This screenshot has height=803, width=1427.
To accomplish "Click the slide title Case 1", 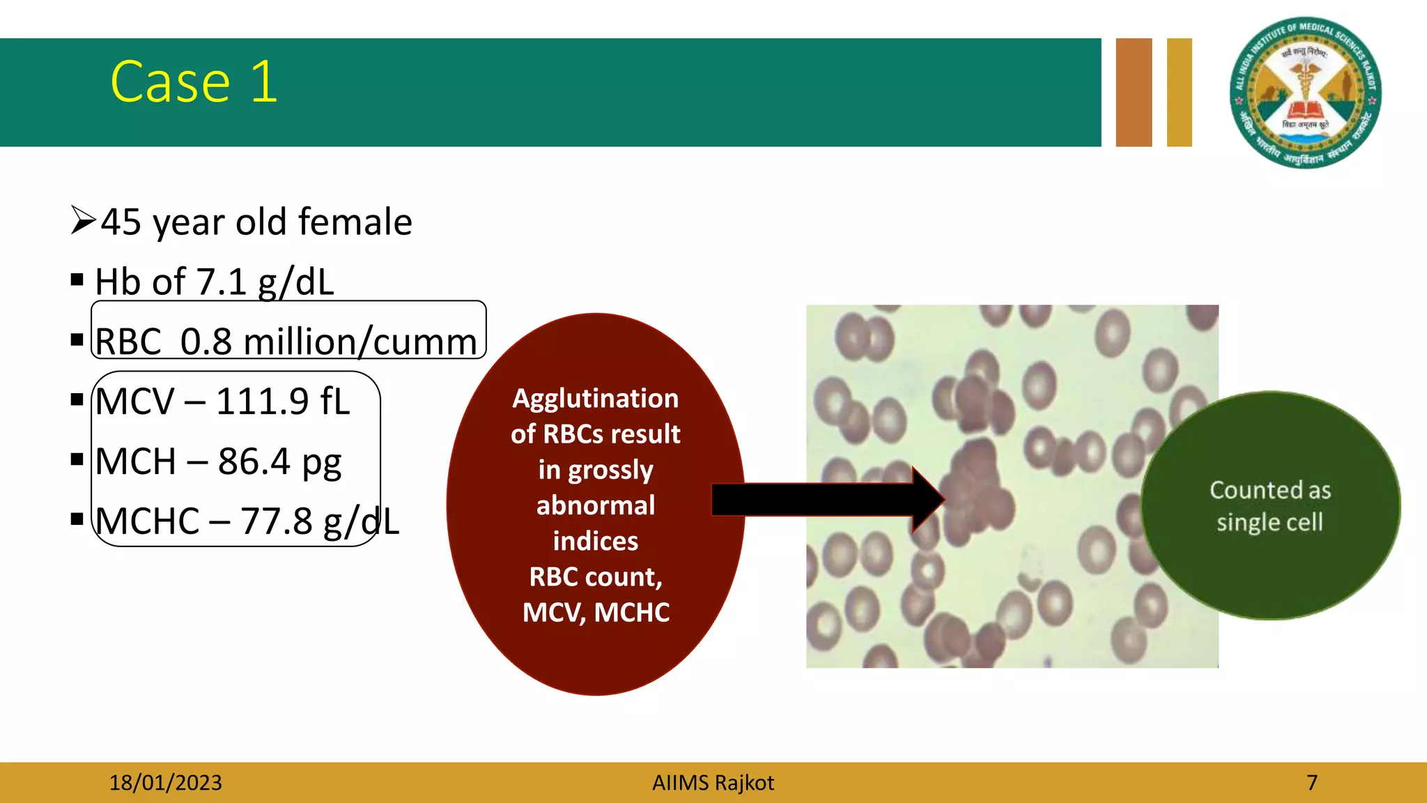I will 194,82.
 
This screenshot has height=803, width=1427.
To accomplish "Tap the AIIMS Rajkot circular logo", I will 1305,93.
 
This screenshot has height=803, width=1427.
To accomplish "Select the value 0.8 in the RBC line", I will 206,342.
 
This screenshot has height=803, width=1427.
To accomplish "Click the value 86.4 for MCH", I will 254,461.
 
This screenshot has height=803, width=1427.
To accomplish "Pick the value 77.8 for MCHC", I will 277,521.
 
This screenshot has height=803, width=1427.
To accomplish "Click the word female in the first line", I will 355,222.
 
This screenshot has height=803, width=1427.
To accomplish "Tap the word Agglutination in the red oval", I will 595,399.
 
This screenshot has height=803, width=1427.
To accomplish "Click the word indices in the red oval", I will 595,542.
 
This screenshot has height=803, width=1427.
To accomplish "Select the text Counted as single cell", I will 1270,506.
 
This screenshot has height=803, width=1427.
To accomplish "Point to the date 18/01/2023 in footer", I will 165,783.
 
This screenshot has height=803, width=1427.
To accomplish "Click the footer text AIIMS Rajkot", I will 713,783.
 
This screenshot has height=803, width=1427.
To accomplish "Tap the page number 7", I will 1312,783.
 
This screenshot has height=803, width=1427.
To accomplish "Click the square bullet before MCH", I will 77,459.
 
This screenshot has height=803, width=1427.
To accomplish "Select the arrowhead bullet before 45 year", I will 83,221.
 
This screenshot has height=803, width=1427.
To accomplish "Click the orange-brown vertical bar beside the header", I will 1134,92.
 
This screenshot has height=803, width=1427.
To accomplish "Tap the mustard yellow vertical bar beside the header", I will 1179,92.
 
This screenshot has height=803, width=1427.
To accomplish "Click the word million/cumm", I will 360,342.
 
